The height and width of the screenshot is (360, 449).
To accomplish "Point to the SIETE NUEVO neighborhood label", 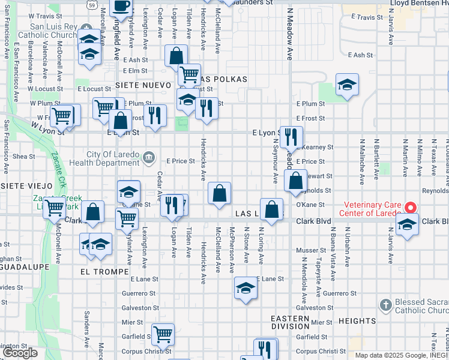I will (143, 86).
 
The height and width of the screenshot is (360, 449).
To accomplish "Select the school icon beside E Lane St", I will (246, 290).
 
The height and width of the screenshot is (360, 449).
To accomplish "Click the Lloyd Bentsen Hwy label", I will (418, 3).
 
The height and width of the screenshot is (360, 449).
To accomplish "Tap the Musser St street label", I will (311, 250).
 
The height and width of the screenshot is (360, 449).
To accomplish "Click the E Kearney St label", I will (318, 147).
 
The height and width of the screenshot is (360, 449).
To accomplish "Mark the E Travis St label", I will (366, 17).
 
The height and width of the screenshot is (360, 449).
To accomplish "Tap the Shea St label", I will (24, 156).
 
